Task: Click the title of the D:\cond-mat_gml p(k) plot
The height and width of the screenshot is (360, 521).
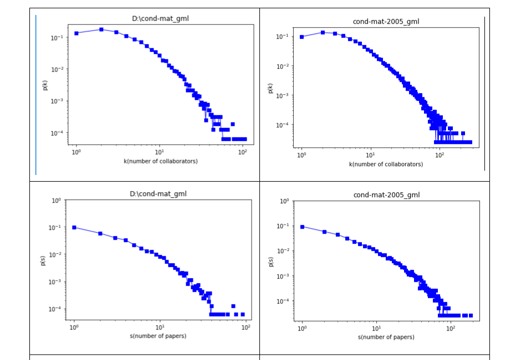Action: coord(161,19)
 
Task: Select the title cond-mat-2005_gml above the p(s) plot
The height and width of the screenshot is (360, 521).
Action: coord(386,195)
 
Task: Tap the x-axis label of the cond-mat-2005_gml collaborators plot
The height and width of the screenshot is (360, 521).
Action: coord(386,164)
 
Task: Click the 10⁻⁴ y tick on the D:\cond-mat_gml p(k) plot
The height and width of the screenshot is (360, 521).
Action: coord(56,133)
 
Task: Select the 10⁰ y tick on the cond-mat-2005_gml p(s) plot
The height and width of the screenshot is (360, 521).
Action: coord(283,201)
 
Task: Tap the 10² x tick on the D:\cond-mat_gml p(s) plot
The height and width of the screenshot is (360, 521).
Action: coord(246,327)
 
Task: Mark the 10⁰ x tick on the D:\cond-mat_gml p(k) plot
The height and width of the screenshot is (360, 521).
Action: coord(76,152)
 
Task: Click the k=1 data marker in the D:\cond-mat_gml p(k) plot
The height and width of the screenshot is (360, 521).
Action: coord(76,33)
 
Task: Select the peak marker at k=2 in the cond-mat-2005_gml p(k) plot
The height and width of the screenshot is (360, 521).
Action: coord(323,32)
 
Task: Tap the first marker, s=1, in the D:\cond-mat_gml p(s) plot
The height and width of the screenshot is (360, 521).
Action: coord(74,227)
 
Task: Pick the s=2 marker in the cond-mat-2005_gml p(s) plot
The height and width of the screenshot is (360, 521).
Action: coord(324,232)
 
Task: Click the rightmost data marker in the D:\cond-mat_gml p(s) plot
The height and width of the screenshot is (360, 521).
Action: coord(242,314)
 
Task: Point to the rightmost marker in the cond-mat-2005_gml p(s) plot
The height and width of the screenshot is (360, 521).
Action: coord(471,315)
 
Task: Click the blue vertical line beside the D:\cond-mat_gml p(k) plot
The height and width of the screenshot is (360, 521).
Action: coord(36,94)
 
